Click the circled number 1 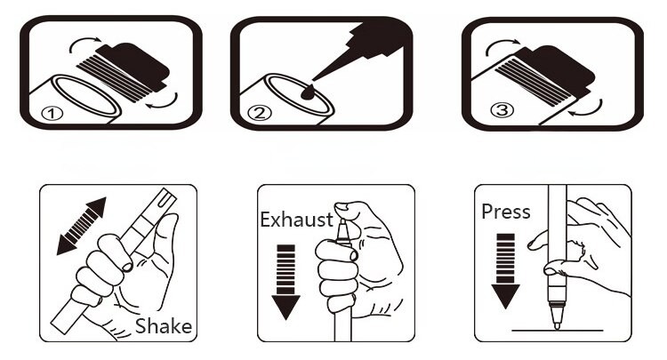52,114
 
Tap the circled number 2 260,113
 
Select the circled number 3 502,110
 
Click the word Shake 164,326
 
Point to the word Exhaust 296,220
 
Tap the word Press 506,212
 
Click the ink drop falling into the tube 308,92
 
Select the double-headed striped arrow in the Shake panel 81,226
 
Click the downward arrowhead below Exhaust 285,307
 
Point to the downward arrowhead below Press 505,296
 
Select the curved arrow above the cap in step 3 502,45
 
